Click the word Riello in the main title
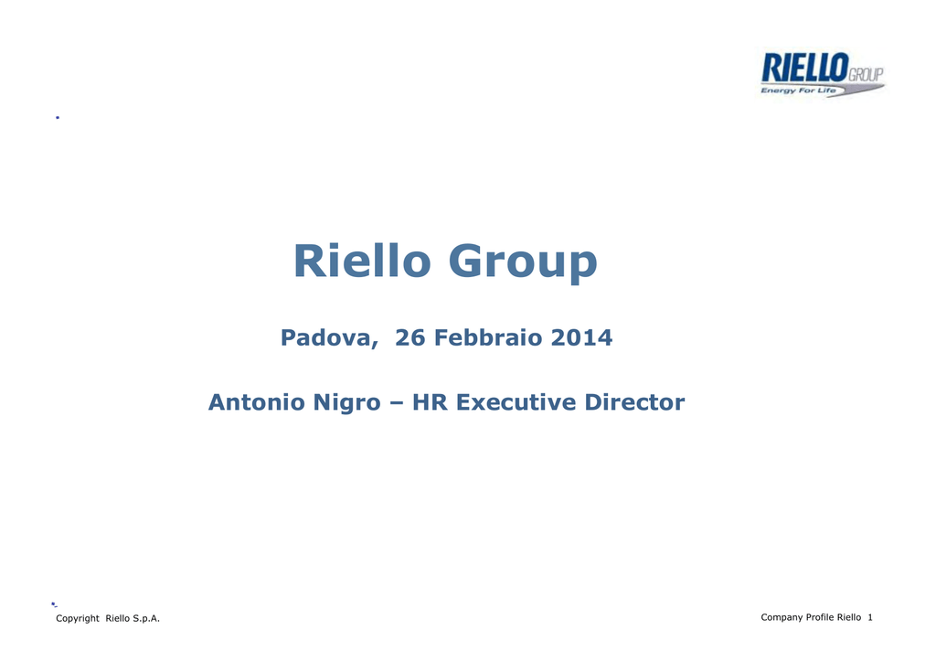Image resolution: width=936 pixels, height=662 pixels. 362,261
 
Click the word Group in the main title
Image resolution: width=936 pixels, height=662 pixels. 522,263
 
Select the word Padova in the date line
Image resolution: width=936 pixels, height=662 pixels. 329,338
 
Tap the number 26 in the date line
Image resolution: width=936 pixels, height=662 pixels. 410,337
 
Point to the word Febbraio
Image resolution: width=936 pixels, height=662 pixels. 488,337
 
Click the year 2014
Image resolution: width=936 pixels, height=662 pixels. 581,337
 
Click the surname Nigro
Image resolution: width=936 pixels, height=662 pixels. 346,404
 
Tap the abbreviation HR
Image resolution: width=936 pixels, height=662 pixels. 430,402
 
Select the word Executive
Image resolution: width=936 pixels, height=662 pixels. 516,402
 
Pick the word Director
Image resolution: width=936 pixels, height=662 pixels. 634,402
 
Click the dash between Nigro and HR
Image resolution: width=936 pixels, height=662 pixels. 396,404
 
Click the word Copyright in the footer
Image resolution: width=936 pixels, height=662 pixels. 78,618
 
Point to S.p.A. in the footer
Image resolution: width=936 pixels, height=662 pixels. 145,618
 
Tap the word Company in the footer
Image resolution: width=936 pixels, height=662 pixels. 782,618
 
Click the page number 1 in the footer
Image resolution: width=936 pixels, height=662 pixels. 870,617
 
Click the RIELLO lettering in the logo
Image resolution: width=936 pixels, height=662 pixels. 804,68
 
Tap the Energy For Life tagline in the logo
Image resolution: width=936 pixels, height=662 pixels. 798,91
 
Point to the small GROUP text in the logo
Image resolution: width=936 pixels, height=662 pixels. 866,75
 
